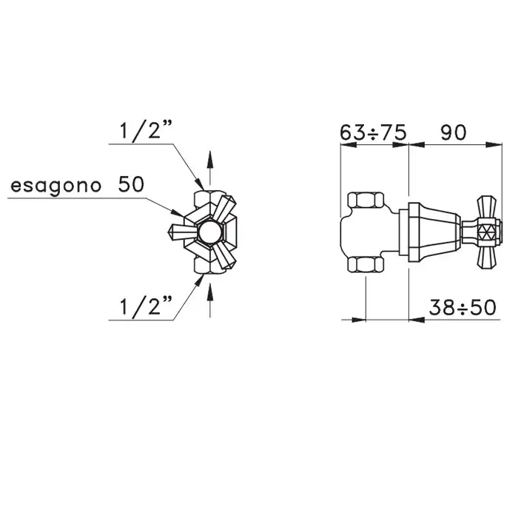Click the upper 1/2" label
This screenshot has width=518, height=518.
pos(145,130)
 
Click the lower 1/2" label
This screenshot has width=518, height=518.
pos(145,306)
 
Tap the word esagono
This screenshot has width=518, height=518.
pos(55,186)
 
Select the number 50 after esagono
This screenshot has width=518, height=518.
pos(131,184)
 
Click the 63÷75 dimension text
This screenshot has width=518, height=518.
pos(373,132)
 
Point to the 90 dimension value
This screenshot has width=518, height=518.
pos(453,132)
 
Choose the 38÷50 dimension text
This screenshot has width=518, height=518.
pos(462,307)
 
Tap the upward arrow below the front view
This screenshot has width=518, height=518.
pos(209,300)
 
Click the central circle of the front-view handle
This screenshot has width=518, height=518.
pos(210,232)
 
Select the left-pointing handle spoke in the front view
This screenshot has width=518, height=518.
pos(181,231)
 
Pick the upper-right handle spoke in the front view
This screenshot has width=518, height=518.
pos(225,209)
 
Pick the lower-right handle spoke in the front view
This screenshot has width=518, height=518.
pos(225,256)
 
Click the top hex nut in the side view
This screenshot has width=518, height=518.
pos(366,201)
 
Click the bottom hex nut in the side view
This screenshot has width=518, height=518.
pos(366,265)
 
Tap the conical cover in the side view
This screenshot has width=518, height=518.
pos(434,232)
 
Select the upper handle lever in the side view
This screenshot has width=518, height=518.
pos(487,207)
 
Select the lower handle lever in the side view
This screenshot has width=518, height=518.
pos(487,257)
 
